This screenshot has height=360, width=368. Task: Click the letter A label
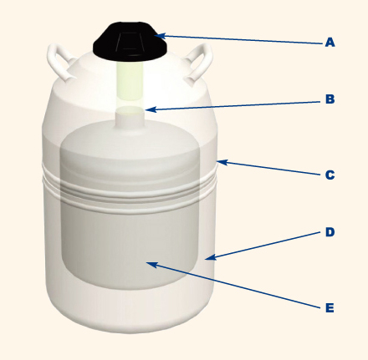[330, 43]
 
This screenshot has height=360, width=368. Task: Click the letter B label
[330, 99]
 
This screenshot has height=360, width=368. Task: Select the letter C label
[330, 175]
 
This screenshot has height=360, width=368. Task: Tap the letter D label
[330, 232]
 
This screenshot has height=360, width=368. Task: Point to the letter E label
[330, 308]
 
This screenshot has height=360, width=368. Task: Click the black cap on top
[130, 42]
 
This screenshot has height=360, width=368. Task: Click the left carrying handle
[59, 62]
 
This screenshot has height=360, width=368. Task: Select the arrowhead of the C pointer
[222, 162]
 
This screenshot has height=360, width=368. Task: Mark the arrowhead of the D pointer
[211, 257]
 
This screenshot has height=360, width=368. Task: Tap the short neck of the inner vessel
[130, 120]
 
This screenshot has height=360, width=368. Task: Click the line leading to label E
[234, 285]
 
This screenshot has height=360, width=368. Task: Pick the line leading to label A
[238, 39]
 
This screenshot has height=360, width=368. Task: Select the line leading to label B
[233, 106]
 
